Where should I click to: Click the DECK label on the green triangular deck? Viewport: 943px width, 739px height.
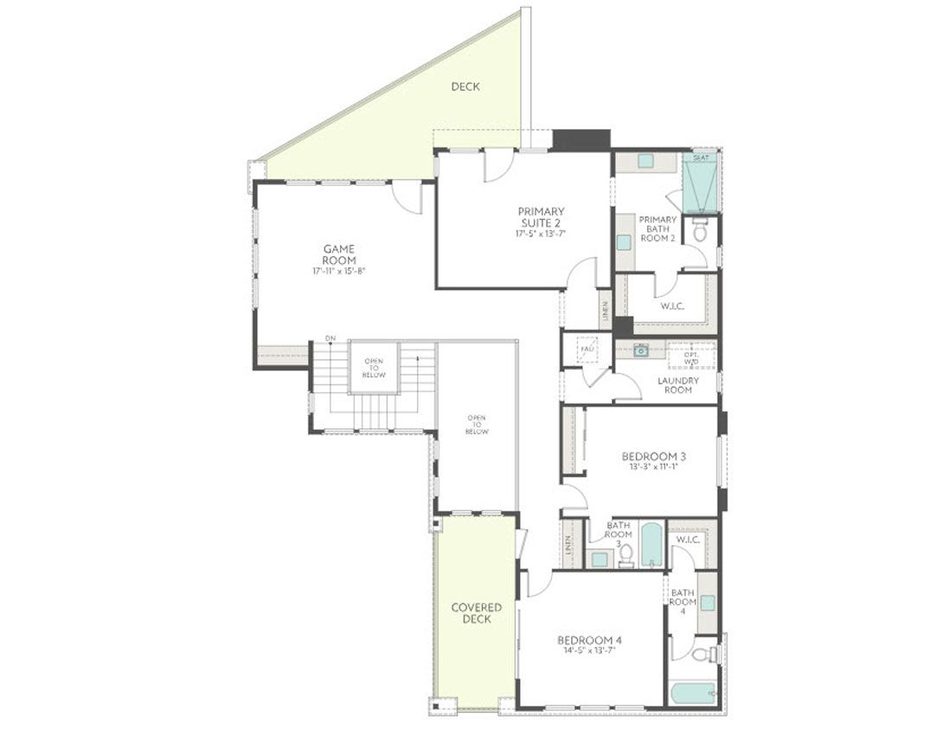pyautogui.click(x=465, y=87)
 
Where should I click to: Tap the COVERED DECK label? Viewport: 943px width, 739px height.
pyautogui.click(x=477, y=613)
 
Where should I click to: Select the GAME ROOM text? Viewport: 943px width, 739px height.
pyautogui.click(x=339, y=254)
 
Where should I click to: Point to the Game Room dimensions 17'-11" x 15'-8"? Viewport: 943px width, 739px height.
pyautogui.click(x=339, y=271)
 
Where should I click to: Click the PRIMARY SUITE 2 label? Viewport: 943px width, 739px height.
pyautogui.click(x=541, y=216)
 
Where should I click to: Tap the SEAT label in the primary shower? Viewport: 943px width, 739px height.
pyautogui.click(x=700, y=158)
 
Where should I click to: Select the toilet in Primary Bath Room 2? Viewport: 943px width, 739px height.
pyautogui.click(x=700, y=229)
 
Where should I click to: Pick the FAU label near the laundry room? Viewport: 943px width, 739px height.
pyautogui.click(x=587, y=349)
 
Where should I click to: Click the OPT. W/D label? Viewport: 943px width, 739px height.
pyautogui.click(x=691, y=357)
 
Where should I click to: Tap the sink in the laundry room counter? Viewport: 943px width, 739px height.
pyautogui.click(x=640, y=350)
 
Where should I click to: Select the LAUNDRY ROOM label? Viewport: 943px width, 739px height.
pyautogui.click(x=677, y=384)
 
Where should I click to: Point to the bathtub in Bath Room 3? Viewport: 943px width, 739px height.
pyautogui.click(x=651, y=545)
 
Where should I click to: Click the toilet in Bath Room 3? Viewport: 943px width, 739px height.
pyautogui.click(x=626, y=555)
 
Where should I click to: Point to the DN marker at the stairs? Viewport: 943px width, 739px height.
pyautogui.click(x=330, y=337)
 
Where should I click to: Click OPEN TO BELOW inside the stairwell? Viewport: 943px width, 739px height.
pyautogui.click(x=374, y=367)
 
